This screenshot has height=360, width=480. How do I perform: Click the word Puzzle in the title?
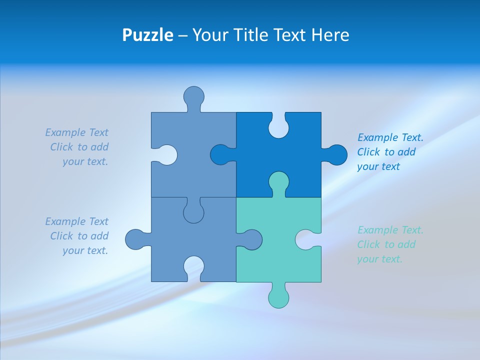(x=147, y=35)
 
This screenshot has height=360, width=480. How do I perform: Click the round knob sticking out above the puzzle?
(x=193, y=96)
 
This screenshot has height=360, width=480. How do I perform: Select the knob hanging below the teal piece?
(x=278, y=297)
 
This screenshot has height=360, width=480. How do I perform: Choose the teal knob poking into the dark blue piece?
(x=278, y=182)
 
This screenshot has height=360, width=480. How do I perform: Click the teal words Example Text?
(x=390, y=230)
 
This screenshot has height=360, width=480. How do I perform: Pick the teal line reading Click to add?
(x=386, y=244)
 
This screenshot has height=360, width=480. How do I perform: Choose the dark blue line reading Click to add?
(x=386, y=152)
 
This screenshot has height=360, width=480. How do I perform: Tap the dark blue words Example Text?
(x=390, y=137)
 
